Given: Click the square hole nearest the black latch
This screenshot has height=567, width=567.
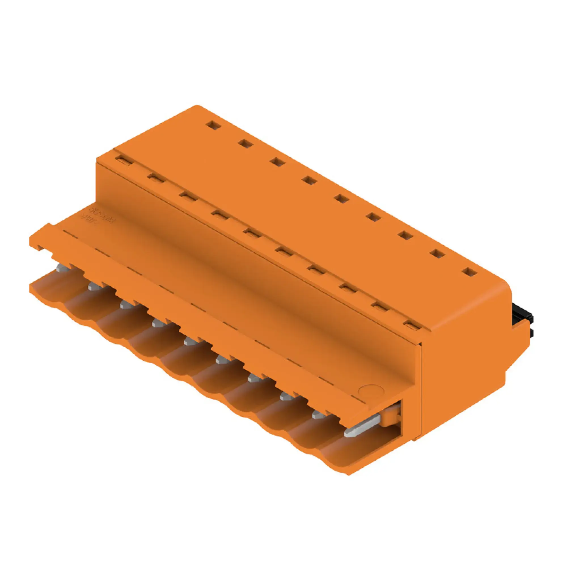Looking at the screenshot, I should pos(470,272).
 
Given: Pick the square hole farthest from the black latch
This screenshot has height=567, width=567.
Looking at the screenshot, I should pos(213,125).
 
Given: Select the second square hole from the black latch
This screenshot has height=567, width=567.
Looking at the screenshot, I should pos(437,254).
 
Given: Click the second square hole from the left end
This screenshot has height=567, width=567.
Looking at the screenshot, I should pos(246,143).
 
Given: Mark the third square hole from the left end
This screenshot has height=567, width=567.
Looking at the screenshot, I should pos(278,162).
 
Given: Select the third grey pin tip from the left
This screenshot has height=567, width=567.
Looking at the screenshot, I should pos(126,305).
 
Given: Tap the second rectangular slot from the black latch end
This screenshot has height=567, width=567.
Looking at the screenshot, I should pos(379,307).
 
